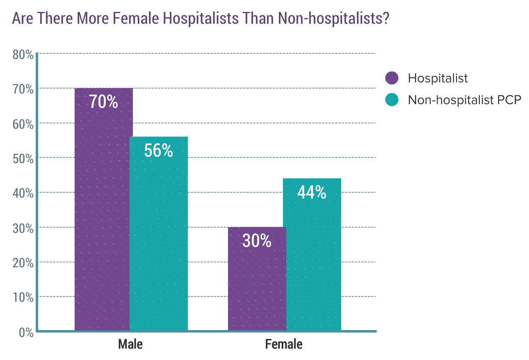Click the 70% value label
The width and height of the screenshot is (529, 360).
pos(104,102)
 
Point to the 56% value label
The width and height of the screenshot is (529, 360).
pos(159,150)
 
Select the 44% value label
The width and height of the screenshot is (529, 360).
pos(312,192)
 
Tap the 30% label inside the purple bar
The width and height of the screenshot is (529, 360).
pos(257,241)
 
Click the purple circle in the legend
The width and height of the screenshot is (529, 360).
pos(392,78)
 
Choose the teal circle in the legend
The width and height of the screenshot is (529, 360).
pos(392,100)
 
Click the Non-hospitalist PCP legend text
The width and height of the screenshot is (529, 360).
pos(464,100)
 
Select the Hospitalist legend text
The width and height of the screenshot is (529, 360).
pos(438,78)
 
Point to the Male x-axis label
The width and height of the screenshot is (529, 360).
pos(130,344)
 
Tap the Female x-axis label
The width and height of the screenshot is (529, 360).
pos(284,344)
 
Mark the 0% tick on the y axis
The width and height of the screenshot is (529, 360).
pos(26,331)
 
